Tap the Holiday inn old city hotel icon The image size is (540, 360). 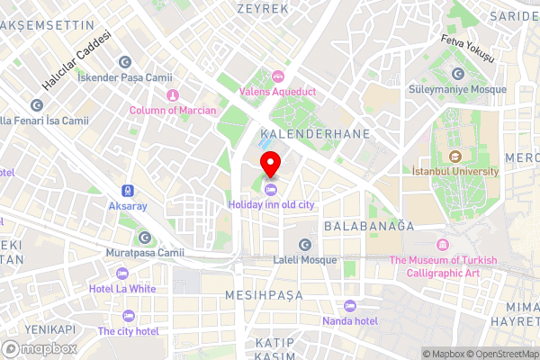pyautogui.click(x=271, y=189)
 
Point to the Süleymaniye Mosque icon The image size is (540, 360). pyautogui.click(x=460, y=74)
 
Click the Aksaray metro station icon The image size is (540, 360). pyautogui.click(x=128, y=191)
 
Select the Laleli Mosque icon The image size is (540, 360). pyautogui.click(x=304, y=244)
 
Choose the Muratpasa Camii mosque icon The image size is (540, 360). pyautogui.click(x=145, y=238)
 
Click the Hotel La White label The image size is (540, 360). pyautogui.click(x=122, y=289)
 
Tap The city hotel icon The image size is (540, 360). pyautogui.click(x=128, y=316)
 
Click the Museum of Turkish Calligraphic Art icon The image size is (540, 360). pyautogui.click(x=442, y=245)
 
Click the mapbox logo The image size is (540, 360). pyautogui.click(x=40, y=347)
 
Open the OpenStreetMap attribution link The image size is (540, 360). pyautogui.click(x=500, y=354)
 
